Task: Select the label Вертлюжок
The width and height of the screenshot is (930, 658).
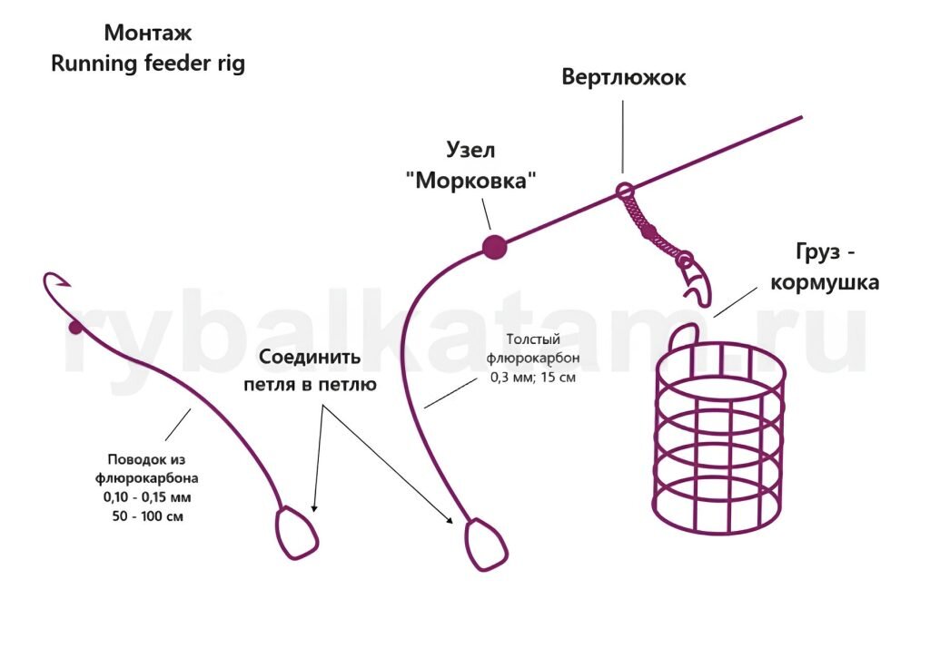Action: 623,77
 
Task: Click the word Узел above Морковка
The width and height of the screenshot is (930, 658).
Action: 470,150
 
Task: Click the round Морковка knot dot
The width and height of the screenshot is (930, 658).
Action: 493,246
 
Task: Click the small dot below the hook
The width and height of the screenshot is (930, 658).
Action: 75,327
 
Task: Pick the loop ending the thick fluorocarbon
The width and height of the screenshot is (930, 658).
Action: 490,545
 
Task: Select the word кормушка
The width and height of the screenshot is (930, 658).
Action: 824,282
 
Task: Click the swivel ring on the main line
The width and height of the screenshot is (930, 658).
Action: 624,192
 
